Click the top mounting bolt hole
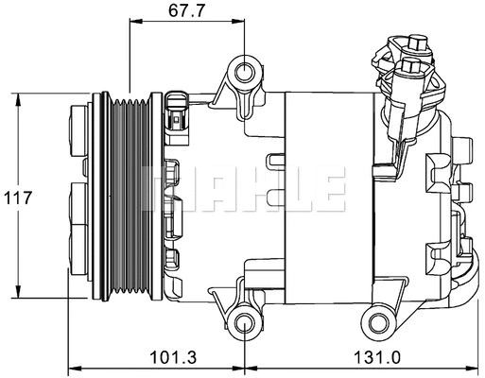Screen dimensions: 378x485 pos(246,72)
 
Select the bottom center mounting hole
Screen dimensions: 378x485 pos(245,322)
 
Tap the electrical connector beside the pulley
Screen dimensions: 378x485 pos(177,115)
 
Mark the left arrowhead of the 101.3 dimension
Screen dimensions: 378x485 pos(75,368)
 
